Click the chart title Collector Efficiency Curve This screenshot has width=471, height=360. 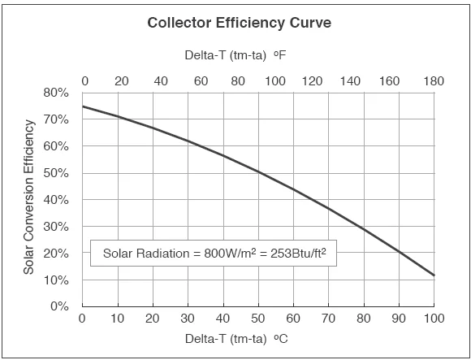239,23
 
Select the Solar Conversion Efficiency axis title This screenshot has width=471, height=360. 29,197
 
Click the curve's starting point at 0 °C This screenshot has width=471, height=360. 82,106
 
